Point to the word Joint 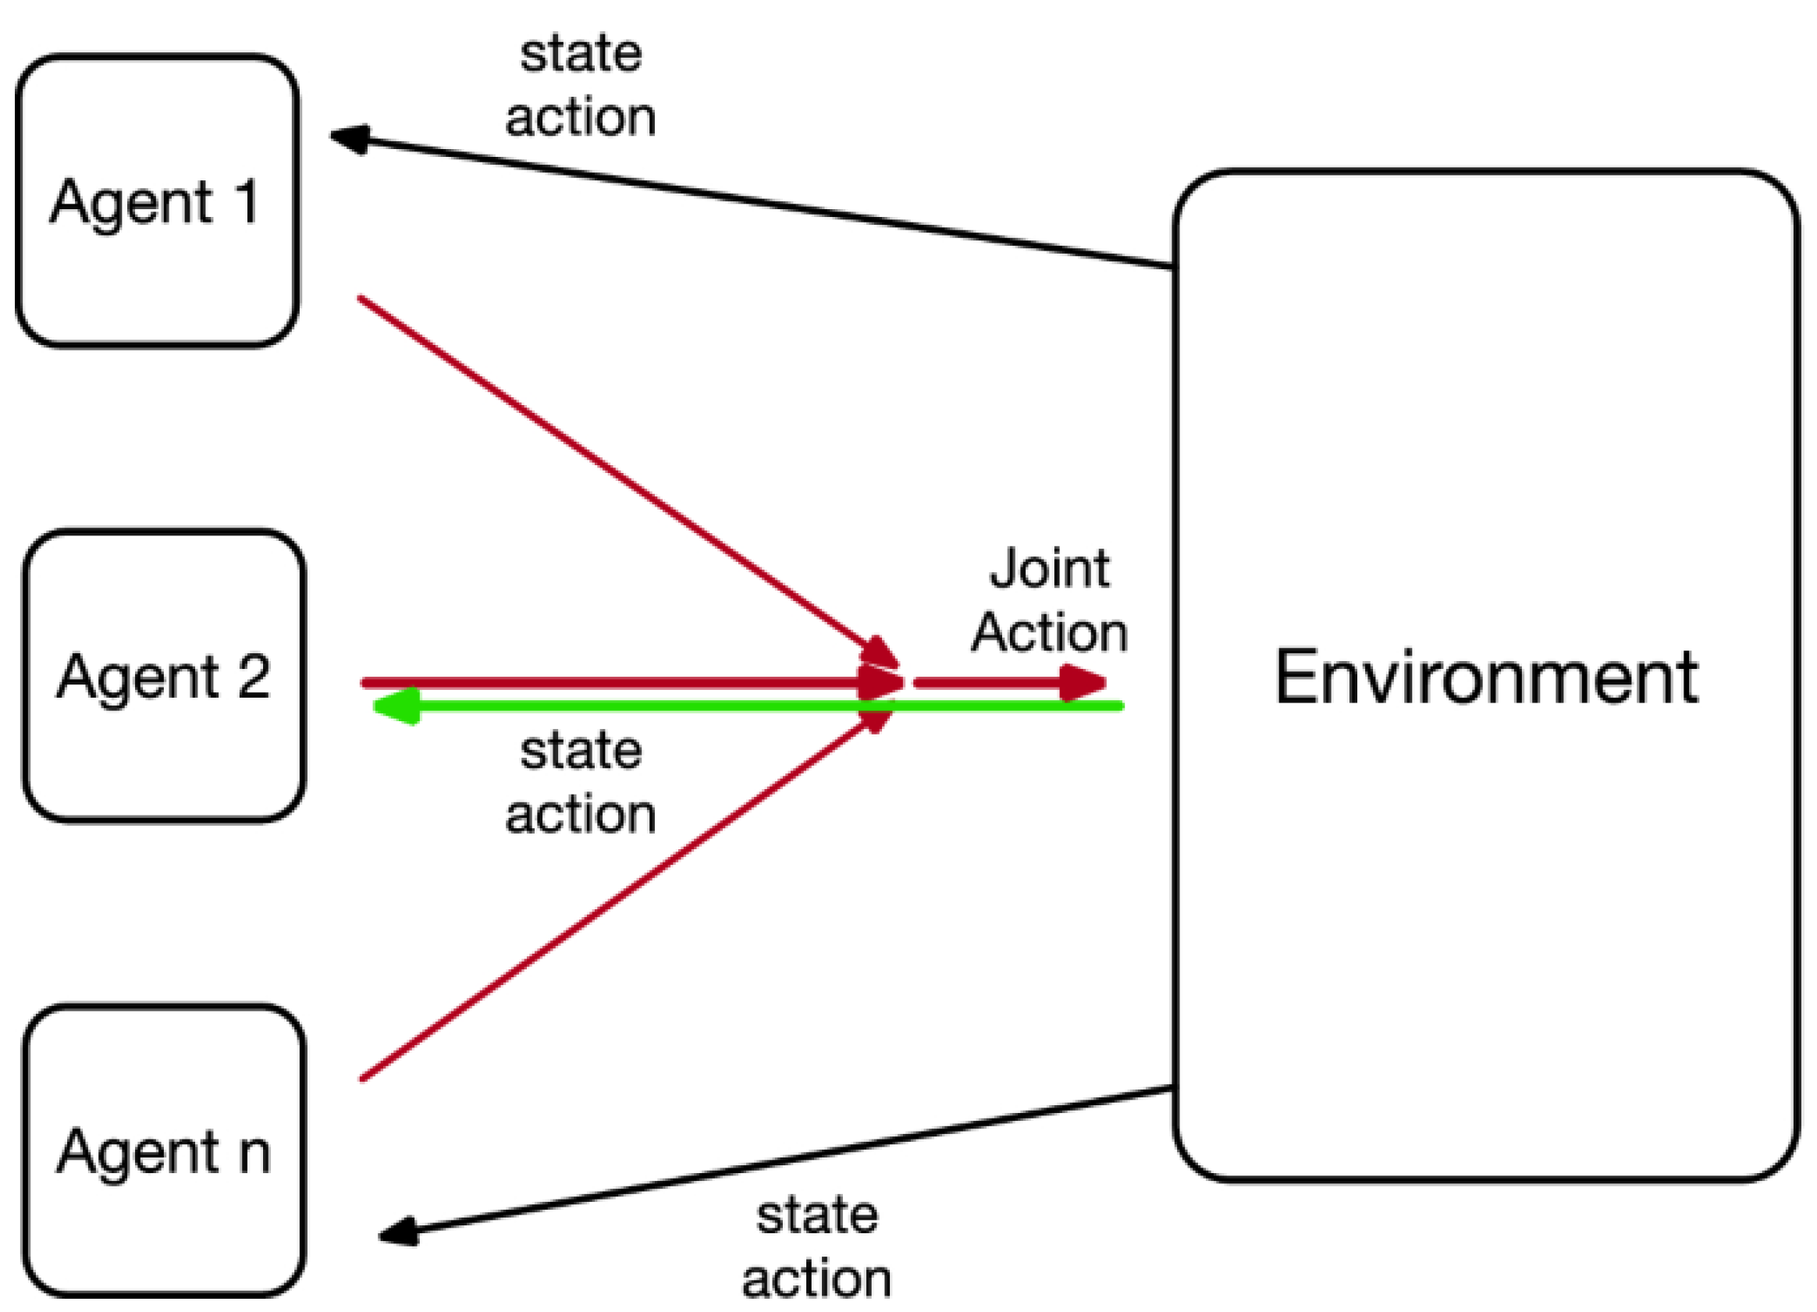coord(1049,569)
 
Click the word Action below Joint coord(1049,633)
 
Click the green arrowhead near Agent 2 coord(395,706)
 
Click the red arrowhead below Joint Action coord(1083,682)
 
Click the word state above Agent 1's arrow coord(581,55)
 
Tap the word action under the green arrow coord(581,816)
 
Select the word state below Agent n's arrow coord(817,1215)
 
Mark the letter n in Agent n coord(254,1153)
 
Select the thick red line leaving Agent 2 coord(609,682)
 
